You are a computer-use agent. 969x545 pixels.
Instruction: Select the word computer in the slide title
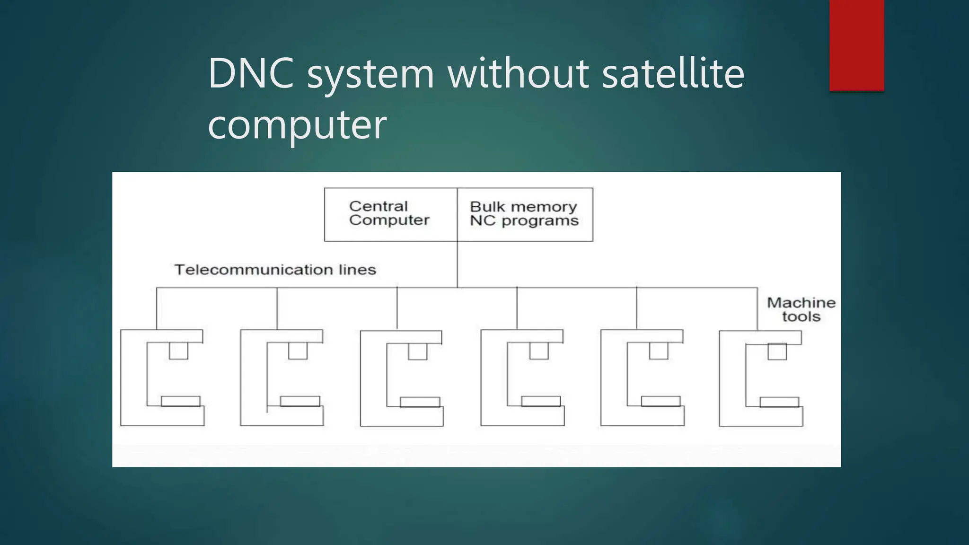(x=297, y=124)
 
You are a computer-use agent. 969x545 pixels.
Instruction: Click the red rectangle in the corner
(x=856, y=45)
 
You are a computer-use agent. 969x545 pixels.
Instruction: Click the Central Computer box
(x=390, y=214)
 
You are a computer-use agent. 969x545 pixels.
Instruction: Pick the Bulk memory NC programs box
(x=525, y=214)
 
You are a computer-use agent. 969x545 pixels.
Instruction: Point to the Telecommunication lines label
(x=275, y=270)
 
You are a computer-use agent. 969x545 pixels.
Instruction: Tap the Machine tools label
(x=801, y=309)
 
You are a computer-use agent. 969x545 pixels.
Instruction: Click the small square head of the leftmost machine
(x=178, y=351)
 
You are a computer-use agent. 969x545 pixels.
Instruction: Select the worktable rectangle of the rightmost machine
(x=779, y=402)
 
